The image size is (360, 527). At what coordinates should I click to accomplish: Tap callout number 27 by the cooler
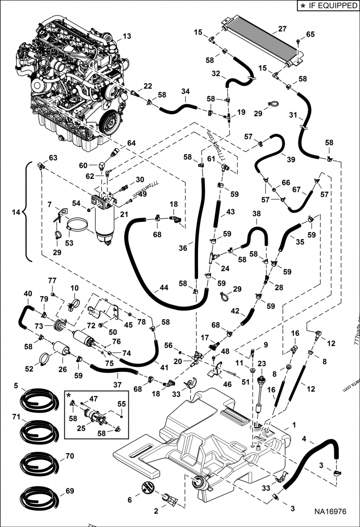coord(282,29)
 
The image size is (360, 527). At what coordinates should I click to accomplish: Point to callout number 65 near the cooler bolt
coord(310,34)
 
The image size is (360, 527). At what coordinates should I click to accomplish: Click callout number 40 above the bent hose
coord(28,294)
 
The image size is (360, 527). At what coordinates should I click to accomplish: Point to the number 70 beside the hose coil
coord(69,456)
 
